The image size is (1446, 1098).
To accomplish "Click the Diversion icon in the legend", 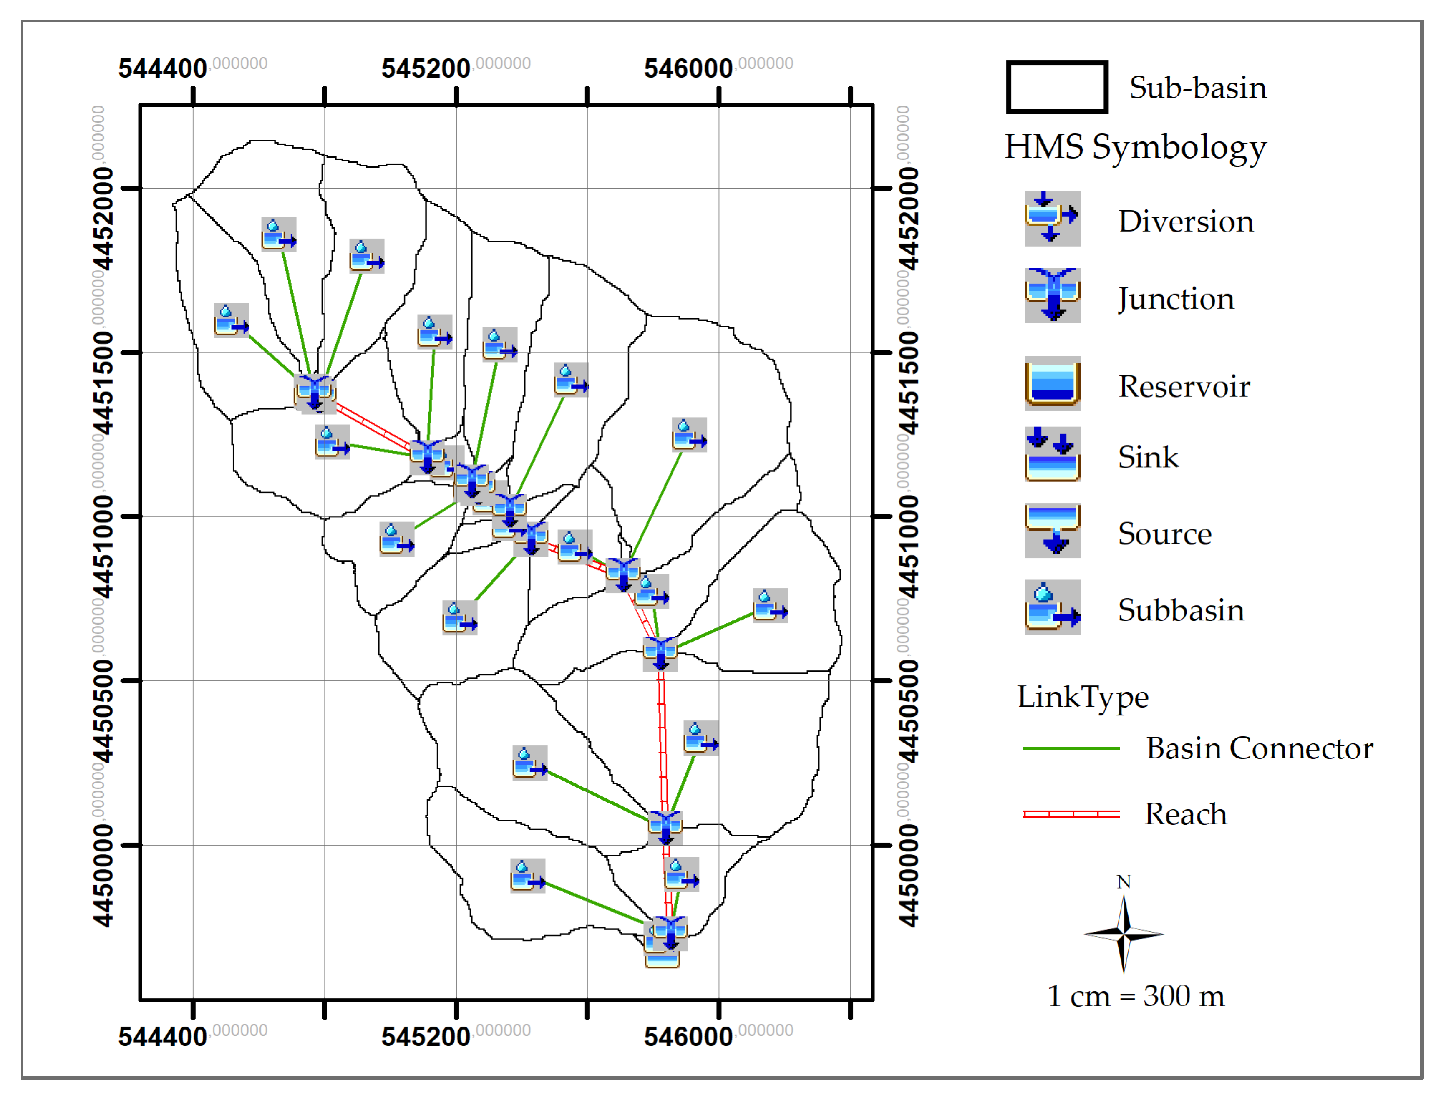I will coord(1052,218).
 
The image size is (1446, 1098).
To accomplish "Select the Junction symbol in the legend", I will coord(1052,295).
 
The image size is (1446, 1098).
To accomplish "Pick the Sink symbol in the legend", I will coord(1052,454).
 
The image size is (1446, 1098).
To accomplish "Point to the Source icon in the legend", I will coord(1052,531).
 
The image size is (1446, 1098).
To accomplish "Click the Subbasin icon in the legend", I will coord(1052,607).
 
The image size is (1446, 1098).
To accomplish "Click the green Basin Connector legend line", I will coord(1071,748).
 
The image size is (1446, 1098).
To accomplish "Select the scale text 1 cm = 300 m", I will coord(1136,997).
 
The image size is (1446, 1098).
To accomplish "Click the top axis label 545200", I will coord(426,68).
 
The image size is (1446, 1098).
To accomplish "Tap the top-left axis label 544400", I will coord(162,68).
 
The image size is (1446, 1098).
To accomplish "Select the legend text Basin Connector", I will coord(1259,748).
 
